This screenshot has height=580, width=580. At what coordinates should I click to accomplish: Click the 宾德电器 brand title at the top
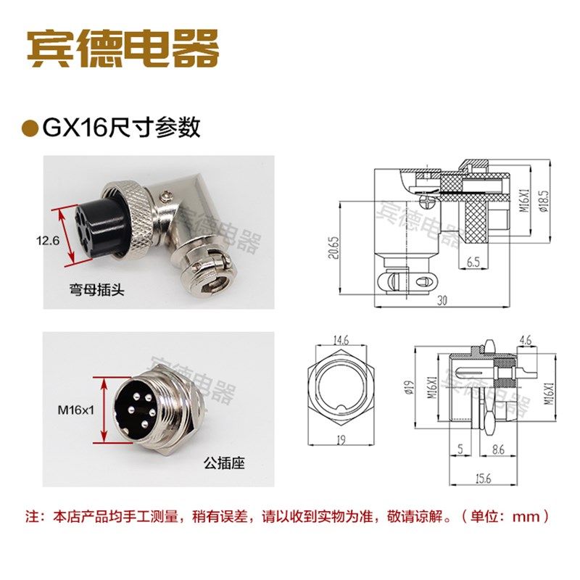(x=123, y=49)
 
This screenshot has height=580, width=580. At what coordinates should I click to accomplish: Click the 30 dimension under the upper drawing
(x=441, y=301)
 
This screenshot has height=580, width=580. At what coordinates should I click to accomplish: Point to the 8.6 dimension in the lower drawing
(x=498, y=449)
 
